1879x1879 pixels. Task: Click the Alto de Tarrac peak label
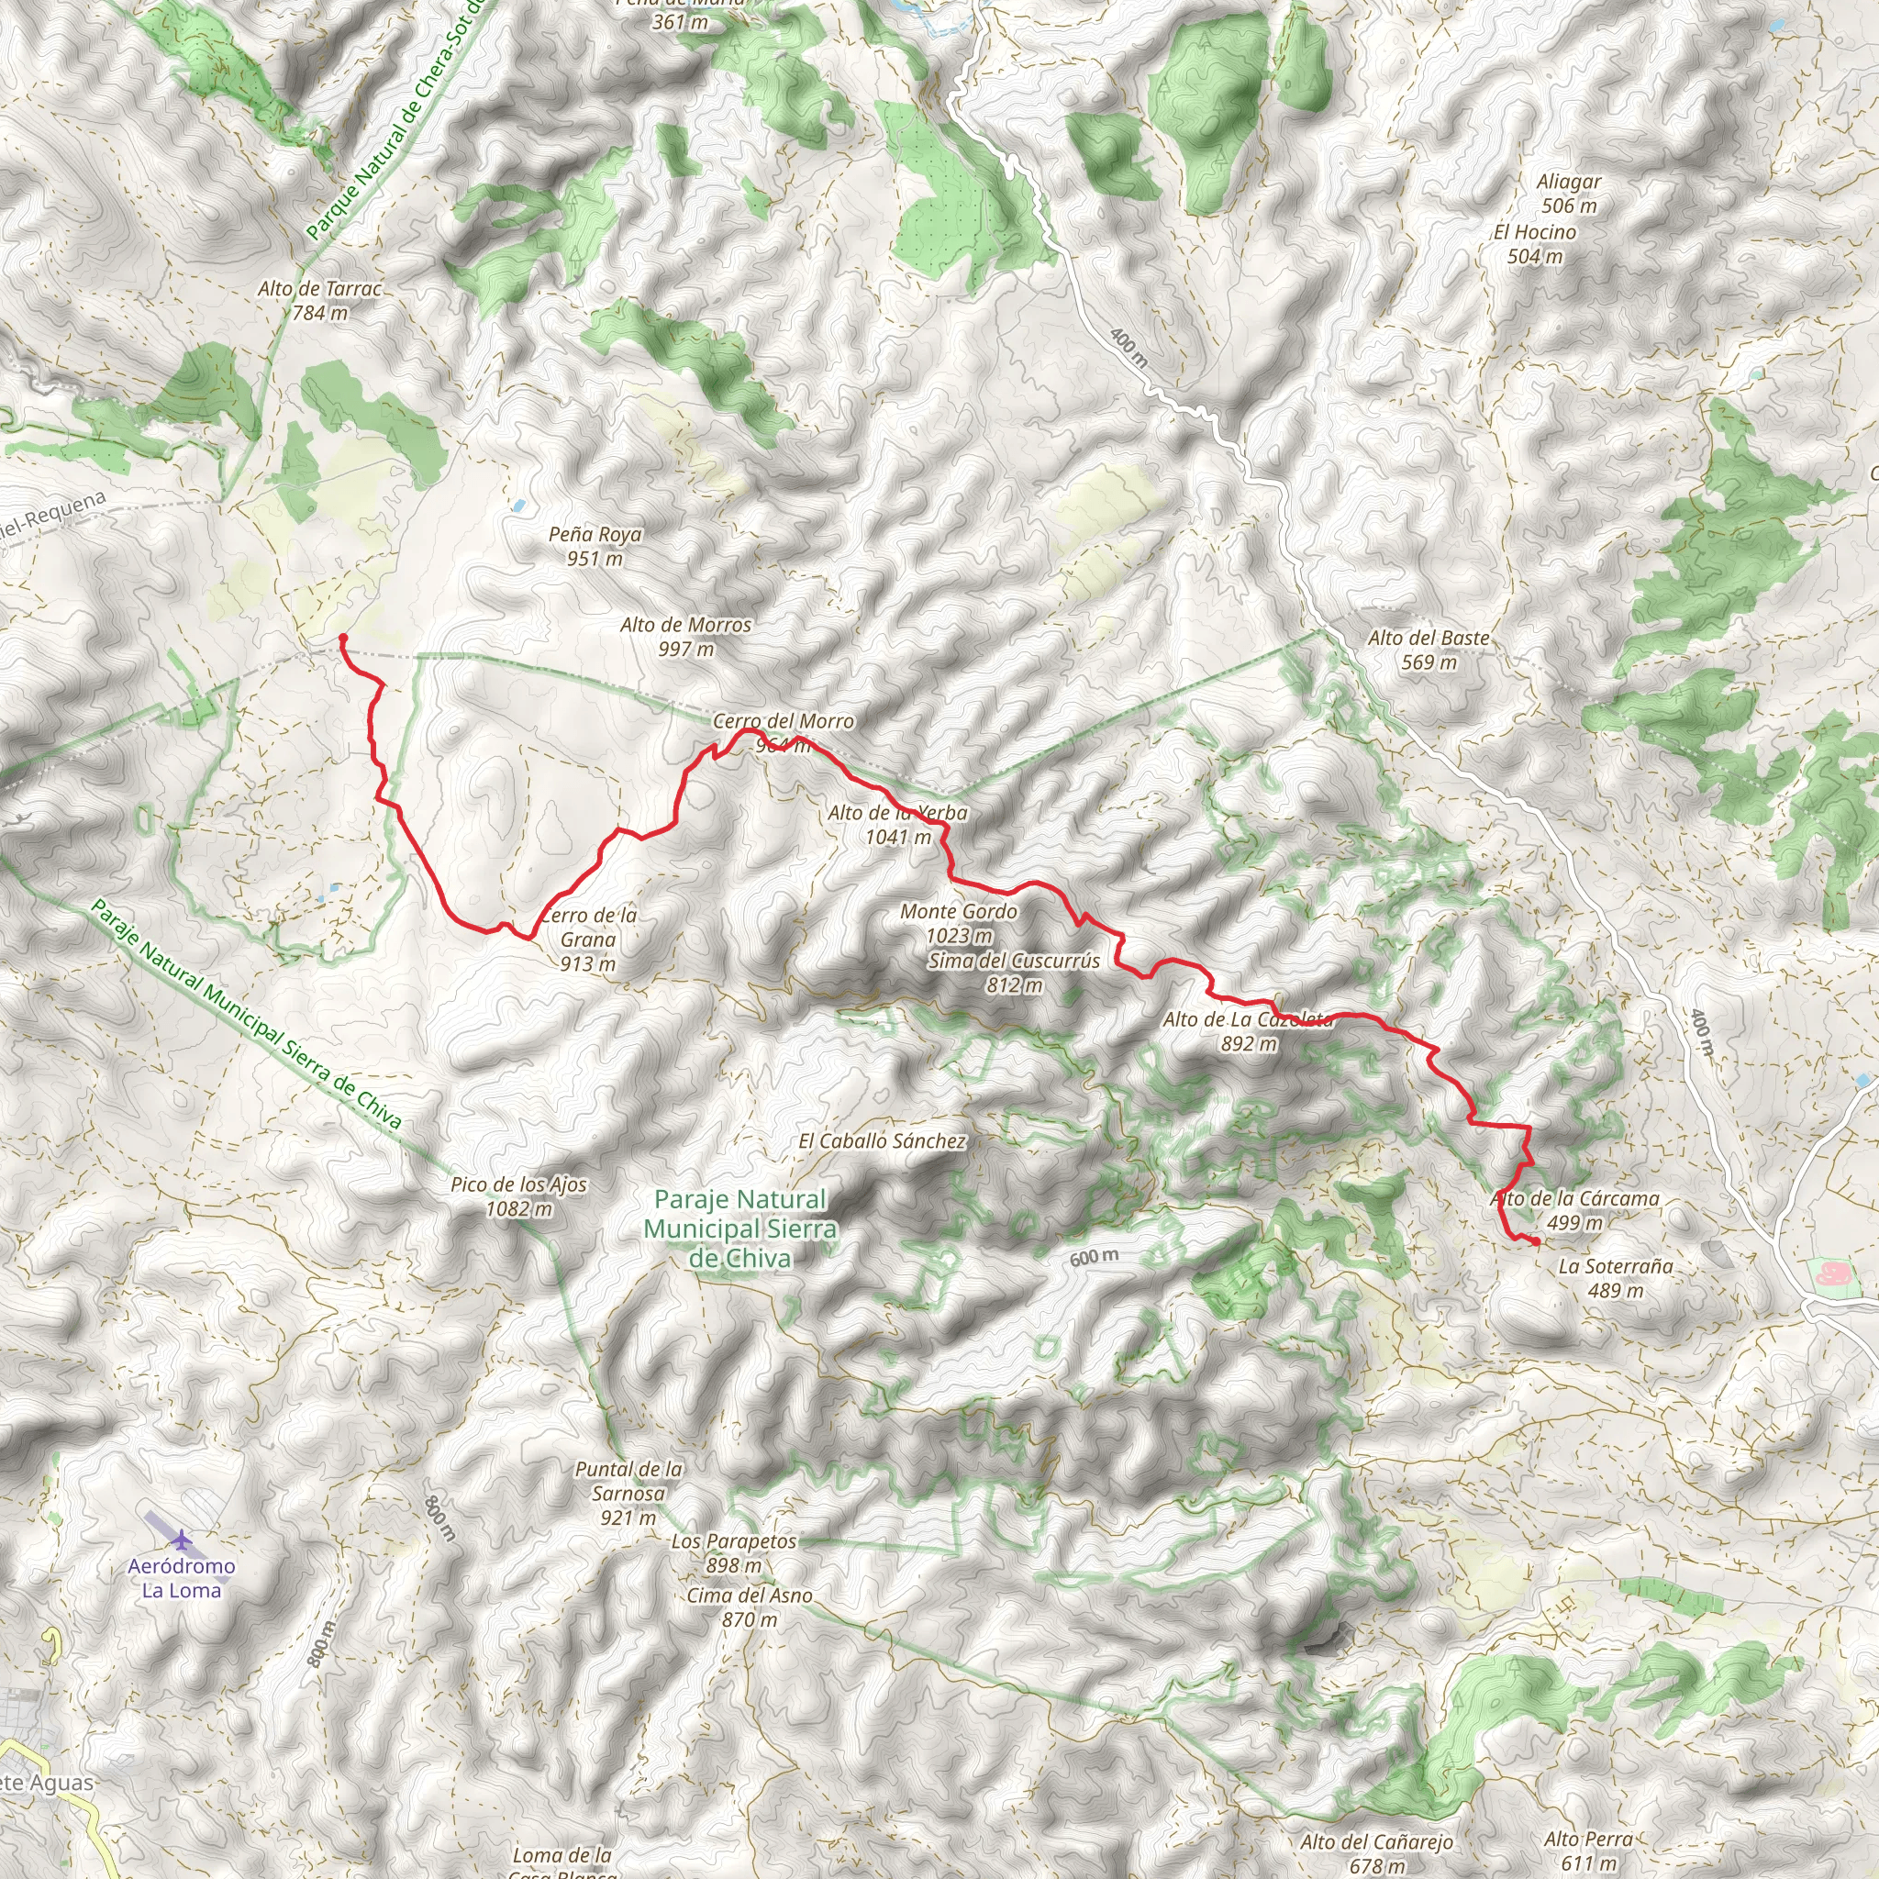coord(320,301)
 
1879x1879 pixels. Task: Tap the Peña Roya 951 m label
coord(595,546)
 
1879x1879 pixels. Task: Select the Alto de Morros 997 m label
coord(685,636)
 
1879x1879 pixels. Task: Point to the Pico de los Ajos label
coord(518,1196)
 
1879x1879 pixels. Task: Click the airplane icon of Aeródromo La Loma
coord(181,1540)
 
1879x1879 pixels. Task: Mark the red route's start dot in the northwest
coord(343,638)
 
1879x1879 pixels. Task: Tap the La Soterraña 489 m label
coord(1616,1278)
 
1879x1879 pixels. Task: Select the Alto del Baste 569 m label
coord(1429,650)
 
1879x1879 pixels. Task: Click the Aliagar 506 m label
coord(1569,193)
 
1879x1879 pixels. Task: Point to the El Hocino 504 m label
coord(1535,243)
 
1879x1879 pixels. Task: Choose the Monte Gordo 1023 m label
coord(959,923)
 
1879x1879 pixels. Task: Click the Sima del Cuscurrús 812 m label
coord(1015,972)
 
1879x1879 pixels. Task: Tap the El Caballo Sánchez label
coord(882,1140)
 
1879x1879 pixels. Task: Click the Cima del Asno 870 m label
coord(749,1607)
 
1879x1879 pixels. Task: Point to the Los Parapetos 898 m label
coord(733,1553)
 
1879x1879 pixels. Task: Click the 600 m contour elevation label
coord(1095,1258)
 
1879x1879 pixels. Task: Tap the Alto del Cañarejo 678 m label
coord(1376,1852)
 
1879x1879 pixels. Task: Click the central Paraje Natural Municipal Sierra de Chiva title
coord(740,1229)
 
